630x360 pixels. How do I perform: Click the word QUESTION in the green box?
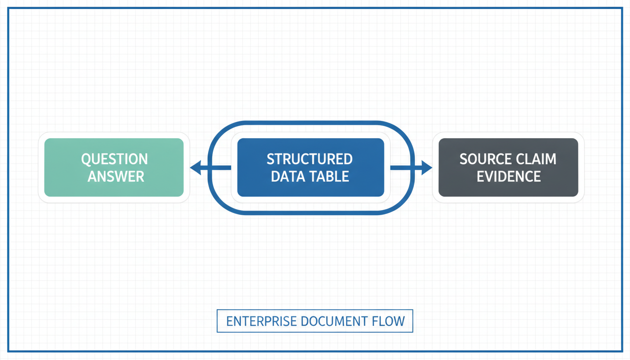point(114,159)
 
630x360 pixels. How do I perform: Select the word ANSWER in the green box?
point(116,177)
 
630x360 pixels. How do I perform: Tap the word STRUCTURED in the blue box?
point(310,159)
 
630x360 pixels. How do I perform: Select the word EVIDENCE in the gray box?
point(509,177)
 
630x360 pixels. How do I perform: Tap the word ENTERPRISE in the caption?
point(262,321)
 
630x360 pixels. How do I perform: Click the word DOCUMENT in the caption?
point(334,321)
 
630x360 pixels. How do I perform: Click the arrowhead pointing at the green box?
point(196,168)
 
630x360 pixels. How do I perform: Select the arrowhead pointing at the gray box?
point(427,168)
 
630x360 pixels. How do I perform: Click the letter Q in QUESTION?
point(85,160)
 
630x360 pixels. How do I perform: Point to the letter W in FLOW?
point(398,321)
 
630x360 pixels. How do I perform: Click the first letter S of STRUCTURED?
point(270,159)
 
